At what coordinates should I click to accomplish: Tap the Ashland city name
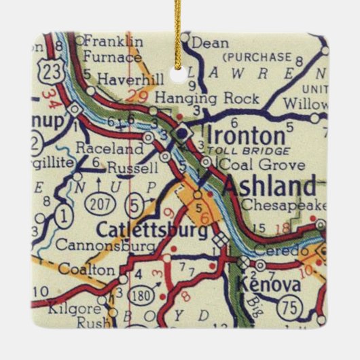click(269, 184)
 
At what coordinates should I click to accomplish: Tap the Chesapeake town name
click(284, 204)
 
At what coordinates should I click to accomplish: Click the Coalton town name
click(95, 270)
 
